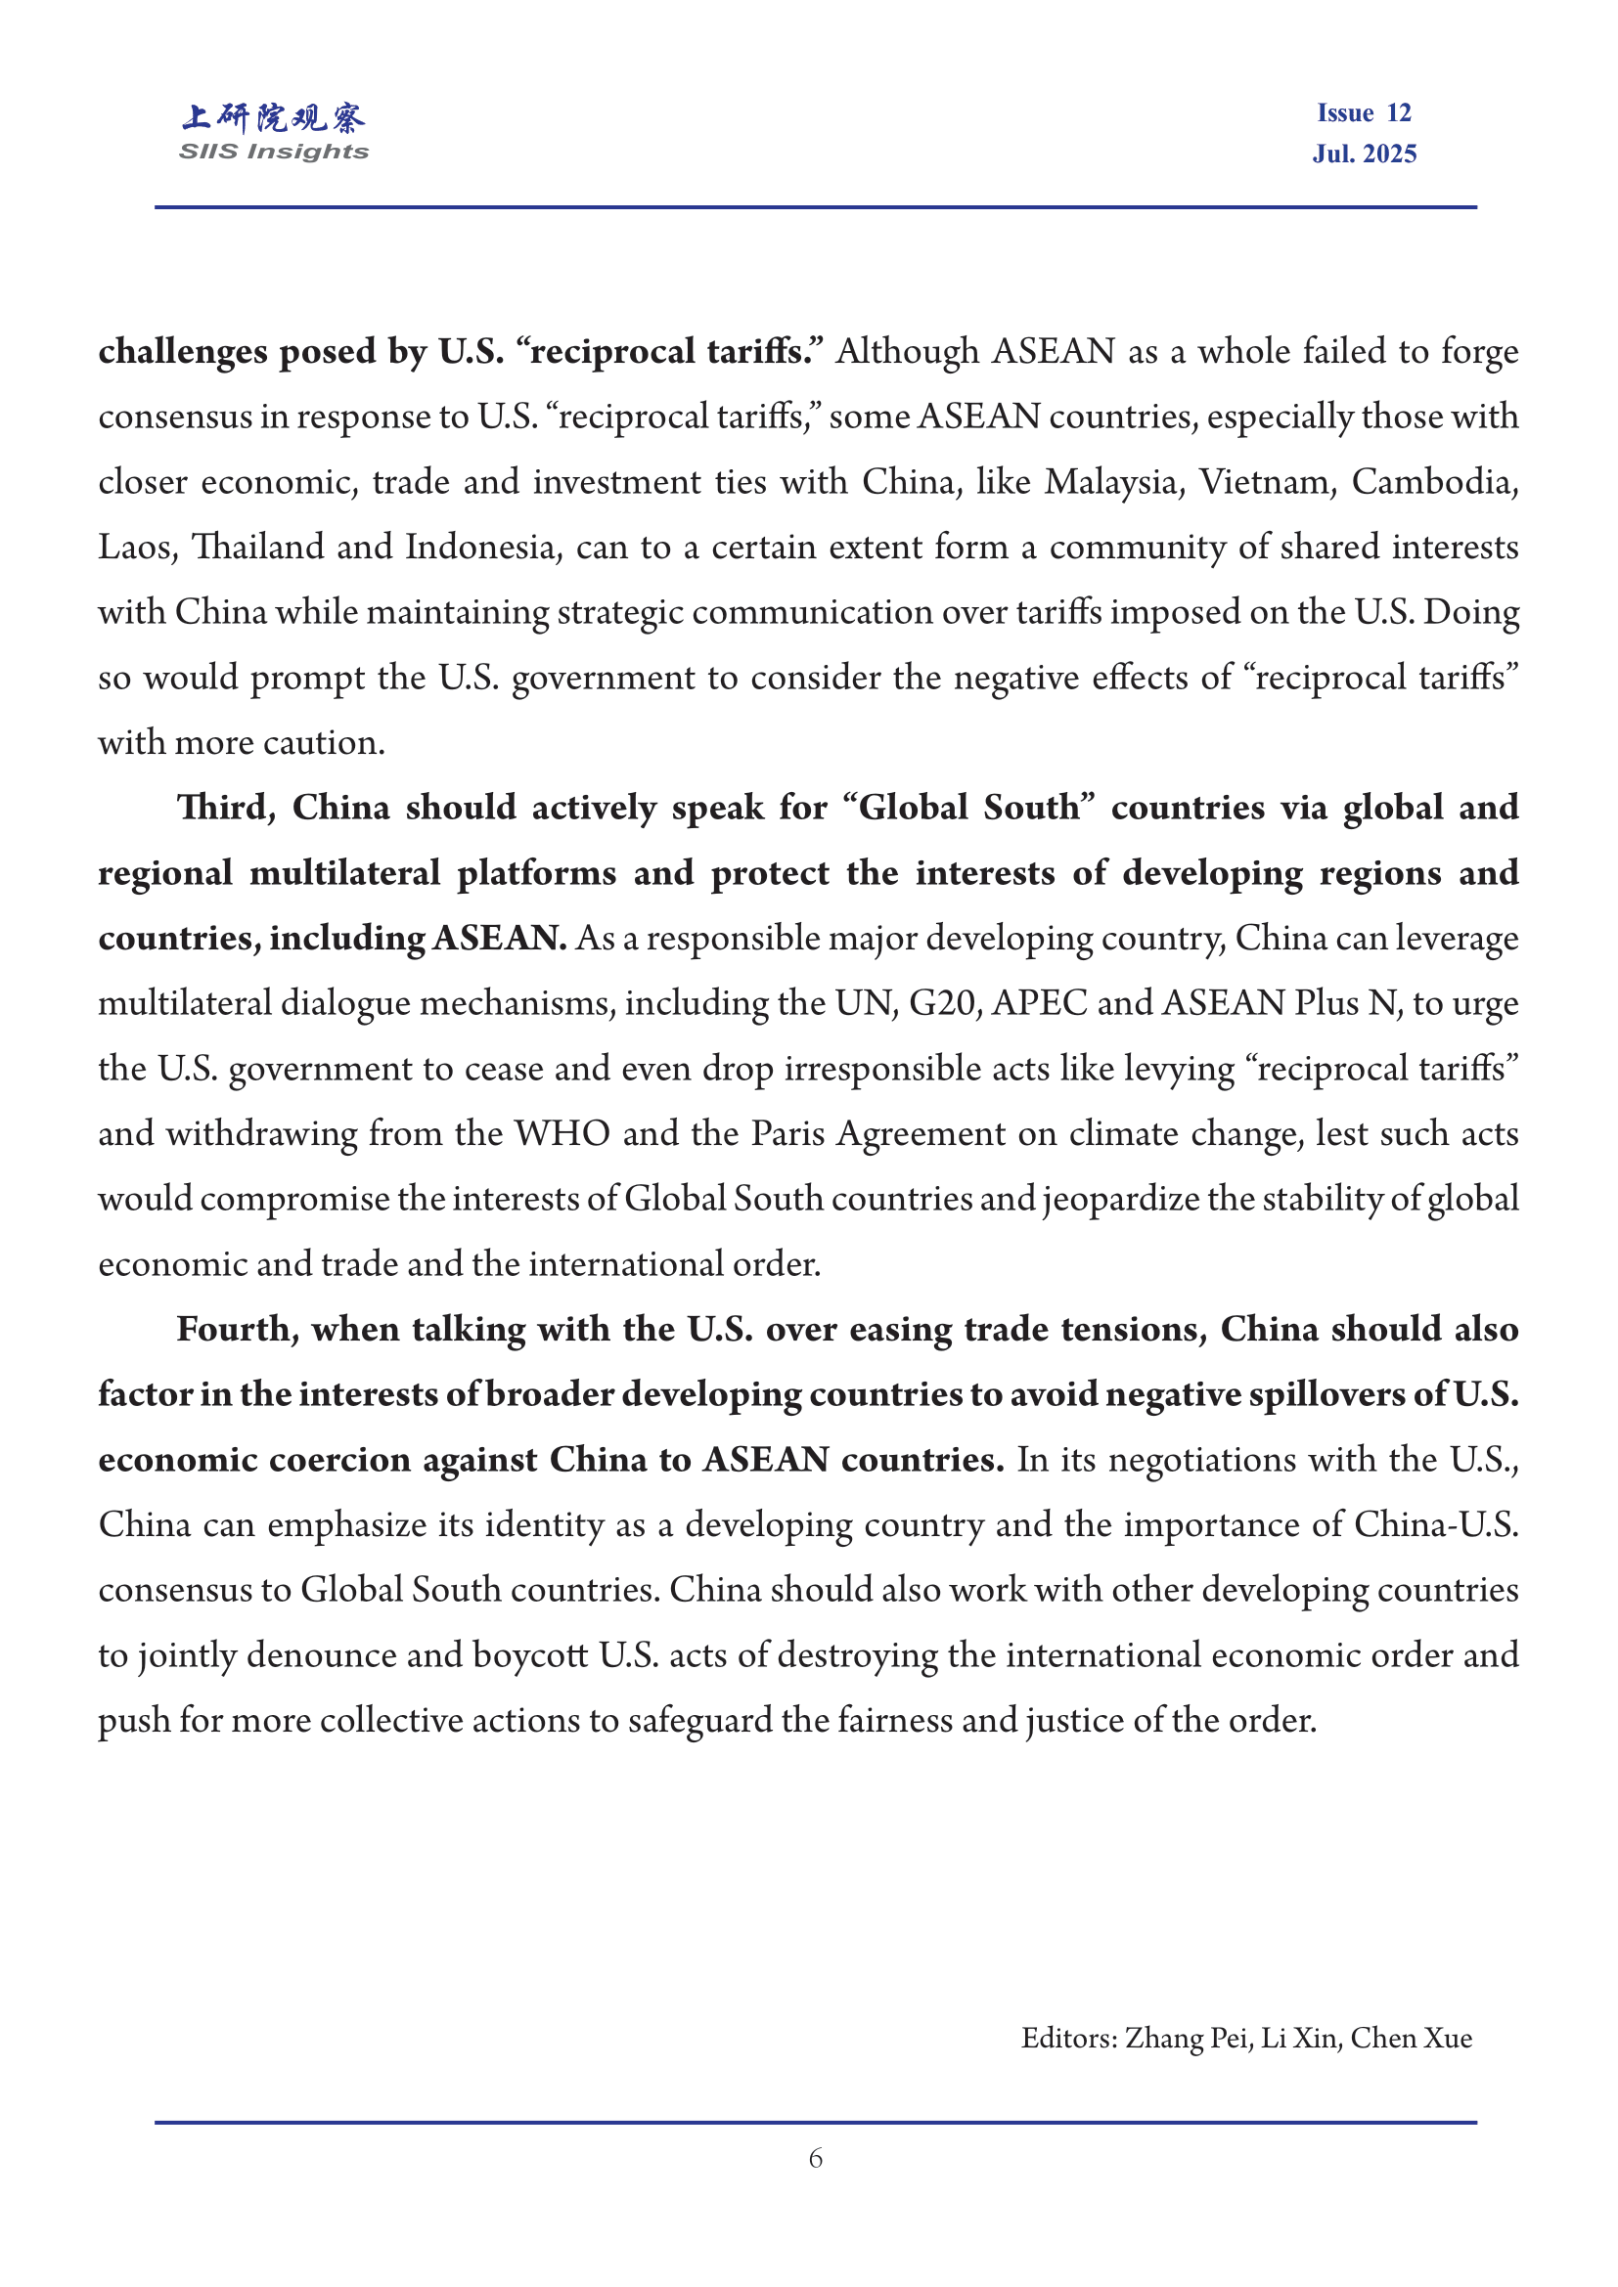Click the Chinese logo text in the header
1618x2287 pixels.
point(273,117)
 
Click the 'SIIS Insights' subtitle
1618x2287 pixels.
point(273,152)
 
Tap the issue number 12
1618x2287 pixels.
point(1398,112)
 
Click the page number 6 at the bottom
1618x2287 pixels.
point(815,2158)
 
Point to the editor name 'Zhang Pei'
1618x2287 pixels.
point(1188,2037)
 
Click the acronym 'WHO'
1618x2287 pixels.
point(562,1133)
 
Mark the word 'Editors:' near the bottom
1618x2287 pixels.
point(1069,2037)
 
